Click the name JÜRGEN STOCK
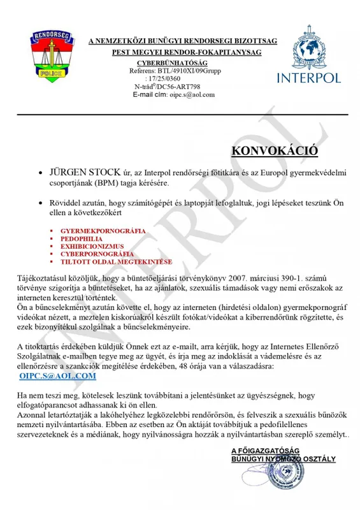pyautogui.click(x=83, y=173)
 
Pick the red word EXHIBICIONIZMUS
pyautogui.click(x=94, y=245)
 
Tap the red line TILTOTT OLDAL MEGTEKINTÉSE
pyautogui.click(x=111, y=261)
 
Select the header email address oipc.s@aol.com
pyautogui.click(x=192, y=94)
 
